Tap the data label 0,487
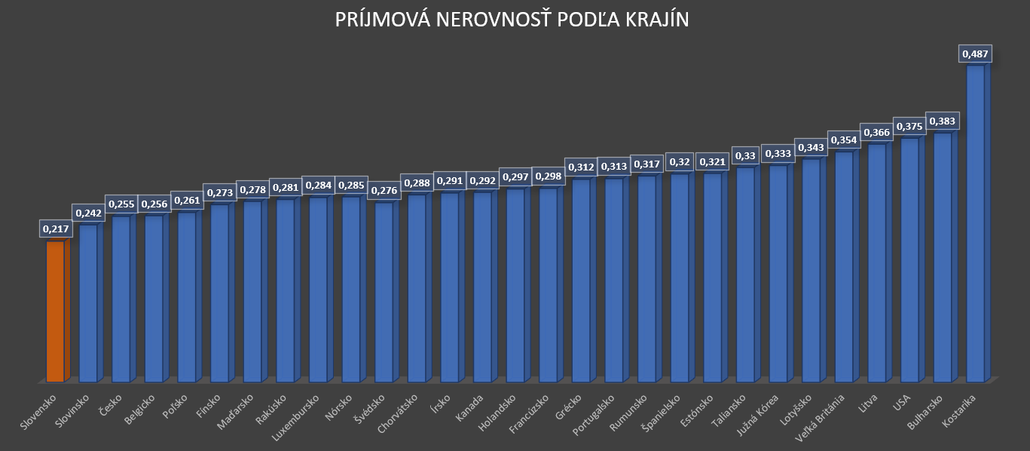click(x=974, y=54)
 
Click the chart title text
click(x=512, y=20)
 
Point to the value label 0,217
click(x=54, y=229)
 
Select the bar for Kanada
click(x=482, y=287)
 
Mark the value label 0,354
click(x=843, y=140)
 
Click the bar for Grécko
click(x=580, y=280)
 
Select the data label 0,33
click(x=745, y=156)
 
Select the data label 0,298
click(x=548, y=176)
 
